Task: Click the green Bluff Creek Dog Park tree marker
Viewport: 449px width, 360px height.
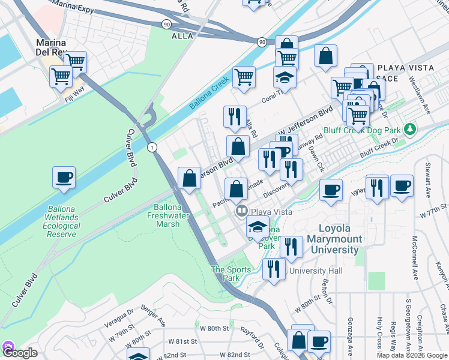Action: (x=411, y=129)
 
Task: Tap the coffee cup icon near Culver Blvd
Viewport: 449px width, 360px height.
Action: (x=64, y=178)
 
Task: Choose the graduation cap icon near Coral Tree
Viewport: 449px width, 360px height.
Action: (x=285, y=77)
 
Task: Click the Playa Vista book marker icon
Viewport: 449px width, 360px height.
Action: (x=242, y=211)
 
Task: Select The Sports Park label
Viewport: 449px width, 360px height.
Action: (x=231, y=274)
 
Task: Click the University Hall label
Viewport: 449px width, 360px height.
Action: (x=316, y=271)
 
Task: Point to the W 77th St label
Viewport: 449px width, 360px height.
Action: (x=434, y=213)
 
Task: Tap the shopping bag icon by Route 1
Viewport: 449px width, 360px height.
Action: (x=190, y=178)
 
